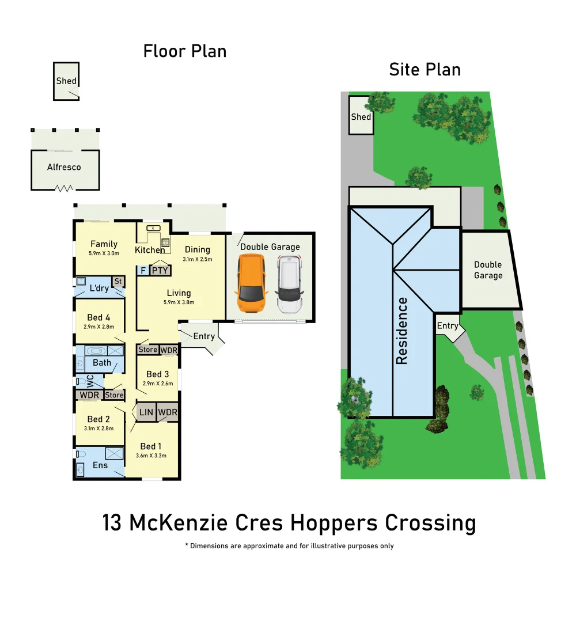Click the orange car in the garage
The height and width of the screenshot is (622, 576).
251,285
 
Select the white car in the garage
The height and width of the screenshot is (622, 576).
289,285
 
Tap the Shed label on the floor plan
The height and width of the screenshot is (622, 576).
66,81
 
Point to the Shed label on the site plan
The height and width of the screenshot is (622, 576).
361,117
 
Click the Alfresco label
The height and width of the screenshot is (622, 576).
64,168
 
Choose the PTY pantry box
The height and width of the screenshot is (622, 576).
158,270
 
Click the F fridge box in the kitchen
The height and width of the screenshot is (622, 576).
142,270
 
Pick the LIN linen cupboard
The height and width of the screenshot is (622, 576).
146,412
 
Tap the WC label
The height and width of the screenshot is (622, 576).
90,381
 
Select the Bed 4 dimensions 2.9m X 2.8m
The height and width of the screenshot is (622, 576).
98,327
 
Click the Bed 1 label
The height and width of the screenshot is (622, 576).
151,446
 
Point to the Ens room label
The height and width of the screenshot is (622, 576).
100,465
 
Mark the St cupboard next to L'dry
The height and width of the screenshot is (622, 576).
118,281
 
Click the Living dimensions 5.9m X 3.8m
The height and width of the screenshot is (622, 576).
179,302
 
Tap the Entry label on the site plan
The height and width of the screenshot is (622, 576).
448,326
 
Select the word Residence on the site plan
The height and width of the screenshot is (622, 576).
401,331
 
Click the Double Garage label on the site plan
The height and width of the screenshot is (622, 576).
488,270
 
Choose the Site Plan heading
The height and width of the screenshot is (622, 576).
425,70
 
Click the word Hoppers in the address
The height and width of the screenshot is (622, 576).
335,523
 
